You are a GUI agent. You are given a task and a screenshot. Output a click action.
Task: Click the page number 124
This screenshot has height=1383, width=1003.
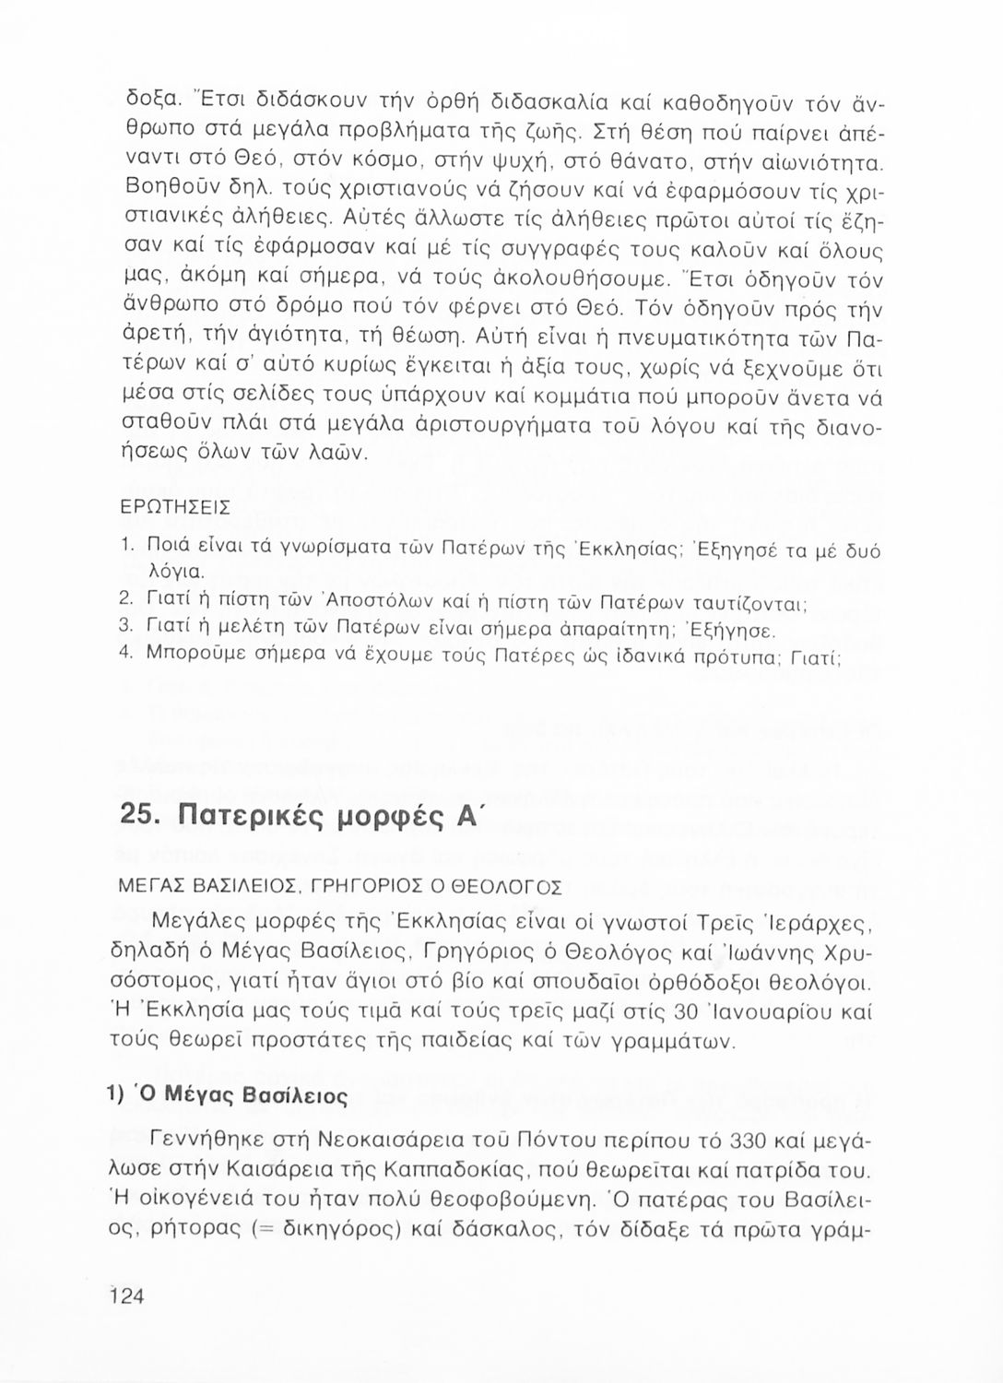coord(127,1295)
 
